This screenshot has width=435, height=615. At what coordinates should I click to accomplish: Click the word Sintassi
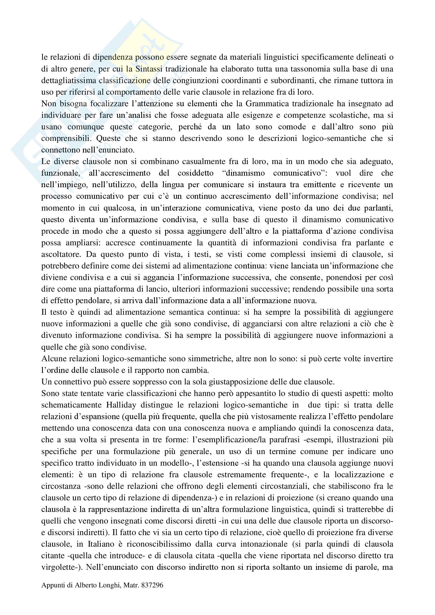point(149,69)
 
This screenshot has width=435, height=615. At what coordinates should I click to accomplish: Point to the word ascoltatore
point(61,254)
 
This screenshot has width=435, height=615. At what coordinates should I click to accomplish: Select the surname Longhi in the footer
point(107,585)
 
